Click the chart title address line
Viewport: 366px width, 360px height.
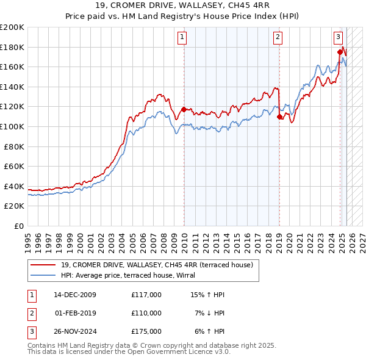tap(183, 5)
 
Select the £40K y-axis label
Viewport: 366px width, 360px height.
tap(14, 186)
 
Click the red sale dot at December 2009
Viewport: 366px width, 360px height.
tap(184, 110)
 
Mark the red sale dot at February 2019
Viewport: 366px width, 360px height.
tap(279, 117)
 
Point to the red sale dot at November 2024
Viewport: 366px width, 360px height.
tap(340, 52)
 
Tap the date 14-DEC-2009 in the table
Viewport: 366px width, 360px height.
tap(75, 295)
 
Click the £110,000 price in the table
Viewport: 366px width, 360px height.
tap(146, 313)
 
